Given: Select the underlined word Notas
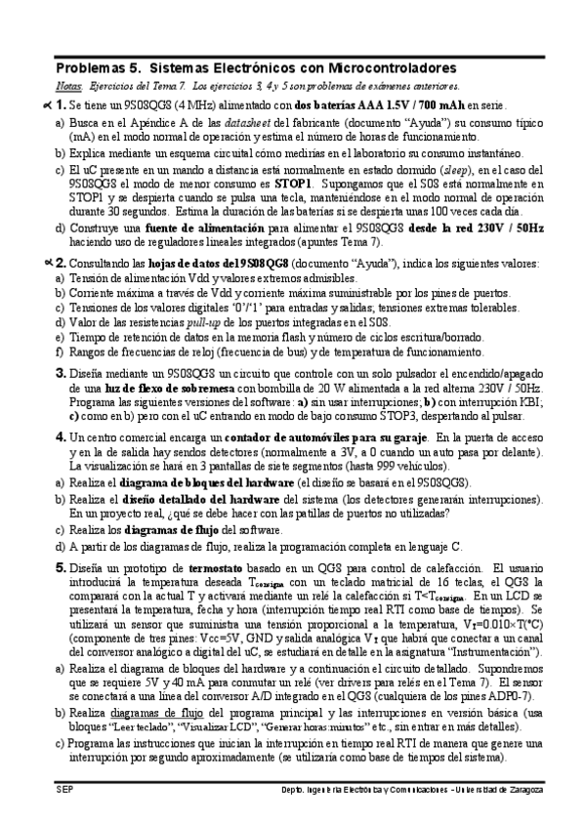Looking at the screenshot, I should (x=69, y=87).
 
